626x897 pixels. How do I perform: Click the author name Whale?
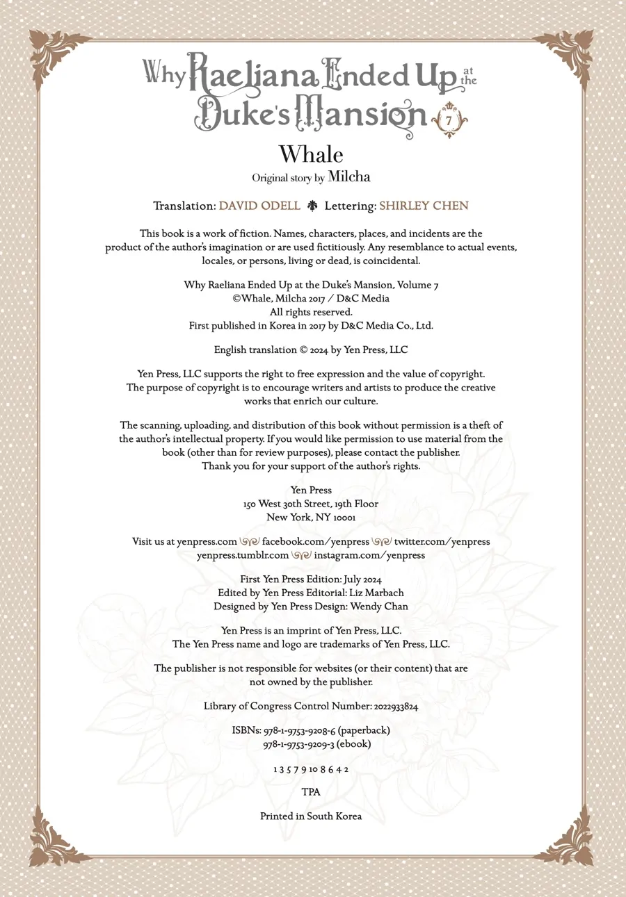coord(311,154)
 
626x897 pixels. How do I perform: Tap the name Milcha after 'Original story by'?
coord(349,177)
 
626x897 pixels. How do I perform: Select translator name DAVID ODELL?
coord(259,206)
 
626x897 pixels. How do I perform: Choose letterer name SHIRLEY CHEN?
coord(424,206)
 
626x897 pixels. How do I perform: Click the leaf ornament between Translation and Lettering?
coord(312,206)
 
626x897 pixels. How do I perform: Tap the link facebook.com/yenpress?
coord(315,541)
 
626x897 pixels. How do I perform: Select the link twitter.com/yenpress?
coord(442,541)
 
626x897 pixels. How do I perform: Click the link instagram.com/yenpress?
coord(369,555)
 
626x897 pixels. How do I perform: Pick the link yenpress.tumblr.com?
coord(243,555)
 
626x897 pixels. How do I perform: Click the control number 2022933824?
coord(396,706)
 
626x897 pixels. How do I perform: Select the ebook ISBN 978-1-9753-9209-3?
coord(299,743)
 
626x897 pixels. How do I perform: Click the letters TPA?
coord(311,791)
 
